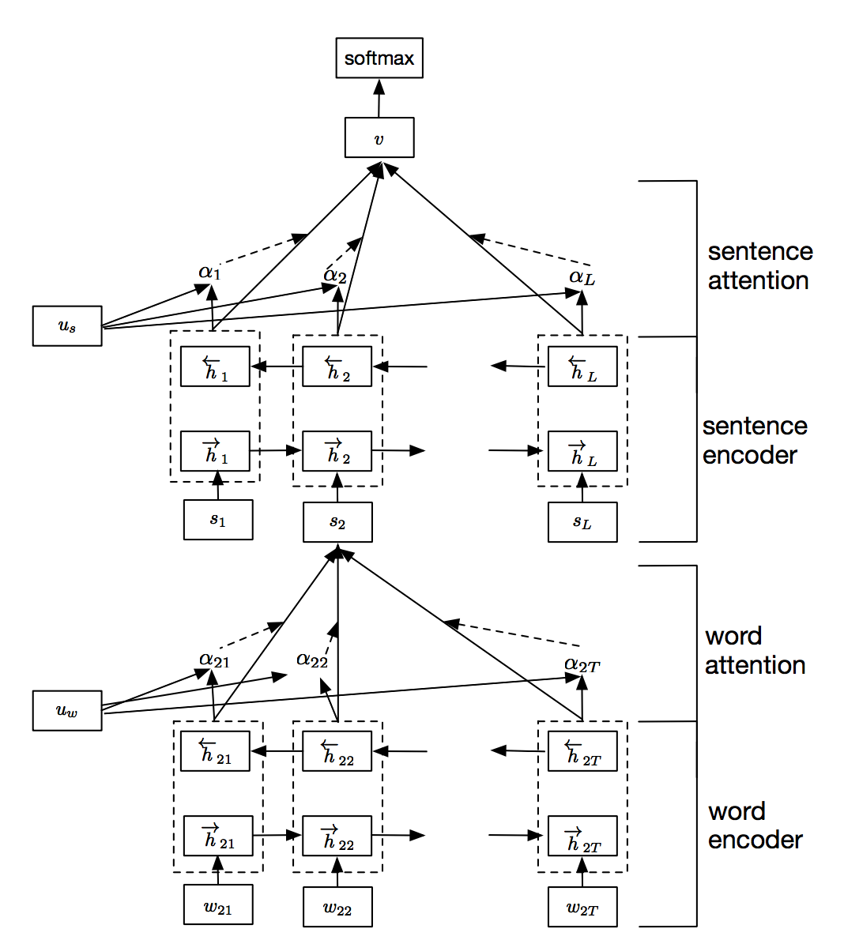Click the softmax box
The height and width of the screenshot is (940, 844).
click(x=379, y=58)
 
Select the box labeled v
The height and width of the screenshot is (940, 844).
click(x=379, y=138)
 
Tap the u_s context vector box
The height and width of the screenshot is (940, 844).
click(x=67, y=326)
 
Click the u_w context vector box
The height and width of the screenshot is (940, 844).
click(x=67, y=710)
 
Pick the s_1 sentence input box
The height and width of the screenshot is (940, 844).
click(x=218, y=520)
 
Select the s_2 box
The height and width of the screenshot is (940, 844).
click(x=337, y=522)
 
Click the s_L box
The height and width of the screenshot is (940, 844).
click(x=582, y=522)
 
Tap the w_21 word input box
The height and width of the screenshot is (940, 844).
click(x=218, y=905)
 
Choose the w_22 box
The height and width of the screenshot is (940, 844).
click(x=337, y=907)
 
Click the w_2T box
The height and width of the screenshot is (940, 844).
click(x=582, y=907)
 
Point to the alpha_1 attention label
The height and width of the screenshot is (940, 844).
click(x=209, y=273)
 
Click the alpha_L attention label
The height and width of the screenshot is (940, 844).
click(x=582, y=277)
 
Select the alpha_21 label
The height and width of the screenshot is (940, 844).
click(x=214, y=660)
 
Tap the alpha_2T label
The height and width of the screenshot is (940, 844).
click(x=582, y=664)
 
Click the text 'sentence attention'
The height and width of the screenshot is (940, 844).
click(x=758, y=265)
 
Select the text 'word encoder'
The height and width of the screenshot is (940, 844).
click(x=755, y=825)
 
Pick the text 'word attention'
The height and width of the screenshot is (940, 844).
click(x=755, y=650)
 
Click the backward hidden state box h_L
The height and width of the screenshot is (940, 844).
click(x=582, y=367)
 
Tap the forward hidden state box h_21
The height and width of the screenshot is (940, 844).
click(x=218, y=836)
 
